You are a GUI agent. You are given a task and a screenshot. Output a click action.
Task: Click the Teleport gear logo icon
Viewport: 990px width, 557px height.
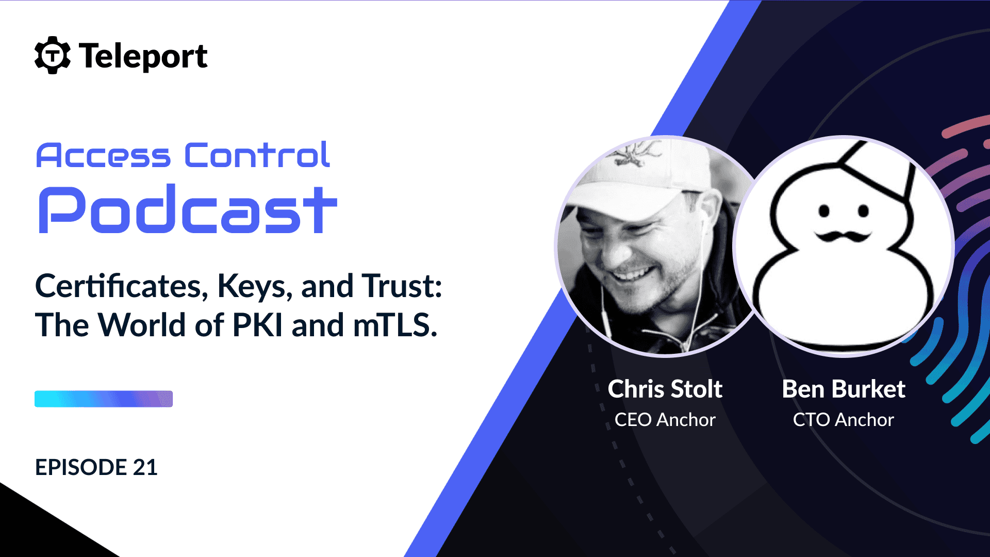pyautogui.click(x=52, y=55)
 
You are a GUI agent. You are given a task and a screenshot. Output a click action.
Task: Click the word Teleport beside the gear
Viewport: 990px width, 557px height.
pyautogui.click(x=143, y=56)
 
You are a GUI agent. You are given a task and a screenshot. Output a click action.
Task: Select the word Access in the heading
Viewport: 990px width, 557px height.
pyautogui.click(x=103, y=155)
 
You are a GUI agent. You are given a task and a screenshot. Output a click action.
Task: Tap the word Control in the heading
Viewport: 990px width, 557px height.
pyautogui.click(x=257, y=155)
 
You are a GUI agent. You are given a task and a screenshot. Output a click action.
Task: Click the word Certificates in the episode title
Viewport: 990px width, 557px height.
pyautogui.click(x=122, y=286)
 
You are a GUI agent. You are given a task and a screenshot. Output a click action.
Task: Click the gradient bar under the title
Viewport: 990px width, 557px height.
pyautogui.click(x=104, y=399)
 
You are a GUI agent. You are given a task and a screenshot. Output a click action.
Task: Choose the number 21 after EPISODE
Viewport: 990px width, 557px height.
pyautogui.click(x=145, y=467)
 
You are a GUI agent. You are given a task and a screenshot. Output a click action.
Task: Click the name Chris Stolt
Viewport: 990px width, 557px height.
pyautogui.click(x=665, y=389)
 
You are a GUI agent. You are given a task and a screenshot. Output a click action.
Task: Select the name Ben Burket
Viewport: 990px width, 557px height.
pyautogui.click(x=844, y=389)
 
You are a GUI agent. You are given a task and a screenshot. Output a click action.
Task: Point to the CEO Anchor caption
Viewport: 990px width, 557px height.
pyautogui.click(x=665, y=420)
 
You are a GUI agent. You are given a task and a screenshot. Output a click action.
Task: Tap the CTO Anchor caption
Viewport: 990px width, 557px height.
pyautogui.click(x=844, y=420)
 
